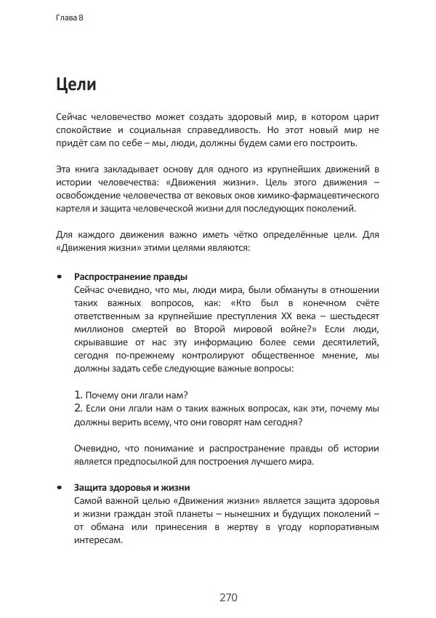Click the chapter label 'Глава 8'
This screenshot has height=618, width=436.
coord(69,17)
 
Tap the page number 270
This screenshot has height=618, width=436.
coord(228,598)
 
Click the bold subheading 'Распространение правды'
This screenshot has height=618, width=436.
coord(131,276)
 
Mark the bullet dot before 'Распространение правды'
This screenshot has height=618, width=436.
coord(59,277)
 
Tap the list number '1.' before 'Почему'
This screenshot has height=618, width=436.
coord(79,395)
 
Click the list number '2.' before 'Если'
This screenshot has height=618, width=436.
coord(79,408)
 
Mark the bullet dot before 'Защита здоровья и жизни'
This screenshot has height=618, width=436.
coord(59,488)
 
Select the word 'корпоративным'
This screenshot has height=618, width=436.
coord(344,527)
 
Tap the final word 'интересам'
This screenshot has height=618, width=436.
coord(98,540)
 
